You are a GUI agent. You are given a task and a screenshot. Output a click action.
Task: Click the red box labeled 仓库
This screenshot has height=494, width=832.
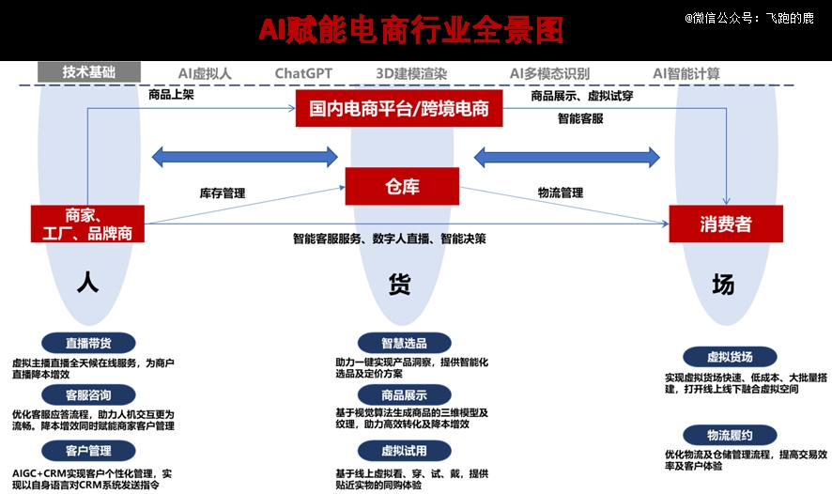[x=402, y=186]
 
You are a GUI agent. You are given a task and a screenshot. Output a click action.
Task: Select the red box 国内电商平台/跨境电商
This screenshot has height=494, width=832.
[x=399, y=109]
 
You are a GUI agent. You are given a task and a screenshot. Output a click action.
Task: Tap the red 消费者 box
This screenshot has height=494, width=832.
[x=726, y=224]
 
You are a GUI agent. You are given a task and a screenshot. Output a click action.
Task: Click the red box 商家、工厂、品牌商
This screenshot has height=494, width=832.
[x=87, y=224]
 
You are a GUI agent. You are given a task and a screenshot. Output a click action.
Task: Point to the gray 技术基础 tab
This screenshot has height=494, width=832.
[x=89, y=72]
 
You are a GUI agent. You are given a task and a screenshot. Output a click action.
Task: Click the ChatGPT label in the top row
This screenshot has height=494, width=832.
[x=303, y=73]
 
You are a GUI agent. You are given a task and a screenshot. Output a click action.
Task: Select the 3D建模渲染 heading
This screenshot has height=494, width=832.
[x=411, y=73]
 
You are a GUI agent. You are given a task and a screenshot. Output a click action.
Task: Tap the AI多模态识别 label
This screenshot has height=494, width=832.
[x=549, y=73]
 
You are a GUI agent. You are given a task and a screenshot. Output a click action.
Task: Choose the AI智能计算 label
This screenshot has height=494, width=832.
[x=686, y=73]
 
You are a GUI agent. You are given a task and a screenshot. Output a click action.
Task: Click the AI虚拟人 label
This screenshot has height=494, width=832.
[x=205, y=73]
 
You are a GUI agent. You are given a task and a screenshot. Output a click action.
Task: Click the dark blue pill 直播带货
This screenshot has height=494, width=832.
[x=88, y=344]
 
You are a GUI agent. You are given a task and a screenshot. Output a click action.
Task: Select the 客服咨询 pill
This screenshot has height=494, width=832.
[x=88, y=394]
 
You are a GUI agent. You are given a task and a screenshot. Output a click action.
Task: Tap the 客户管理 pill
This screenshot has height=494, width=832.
[x=88, y=451]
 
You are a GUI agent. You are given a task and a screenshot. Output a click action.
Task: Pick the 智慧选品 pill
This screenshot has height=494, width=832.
[x=405, y=344]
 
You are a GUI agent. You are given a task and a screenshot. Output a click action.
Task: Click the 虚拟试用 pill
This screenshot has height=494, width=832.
[x=405, y=451]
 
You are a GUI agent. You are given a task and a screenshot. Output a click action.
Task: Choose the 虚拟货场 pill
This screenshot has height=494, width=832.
[x=730, y=357]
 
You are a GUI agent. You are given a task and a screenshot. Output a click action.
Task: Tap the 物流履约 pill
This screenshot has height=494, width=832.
[x=730, y=435]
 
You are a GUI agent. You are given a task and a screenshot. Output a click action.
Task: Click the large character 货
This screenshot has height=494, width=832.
[x=399, y=285]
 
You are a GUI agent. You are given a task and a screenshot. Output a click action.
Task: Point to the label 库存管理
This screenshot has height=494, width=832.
[x=223, y=193]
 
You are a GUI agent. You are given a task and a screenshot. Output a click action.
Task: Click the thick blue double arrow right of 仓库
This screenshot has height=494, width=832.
[x=566, y=157]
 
